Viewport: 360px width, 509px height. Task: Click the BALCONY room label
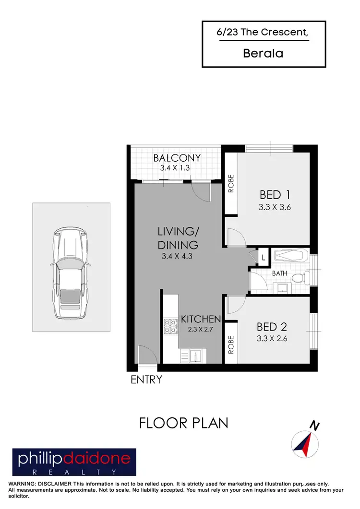(177, 158)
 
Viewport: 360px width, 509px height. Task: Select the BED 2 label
(272, 327)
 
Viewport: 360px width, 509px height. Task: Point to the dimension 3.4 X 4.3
(178, 256)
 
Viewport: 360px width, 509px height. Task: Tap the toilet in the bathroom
(298, 278)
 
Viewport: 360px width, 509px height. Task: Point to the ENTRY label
(146, 379)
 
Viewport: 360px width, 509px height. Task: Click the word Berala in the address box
(264, 53)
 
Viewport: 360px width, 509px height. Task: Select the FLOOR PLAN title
(183, 423)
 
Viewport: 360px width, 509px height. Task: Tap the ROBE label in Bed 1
(231, 183)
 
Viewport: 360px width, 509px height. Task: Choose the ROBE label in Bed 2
(231, 344)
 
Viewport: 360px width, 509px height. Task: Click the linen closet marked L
(264, 257)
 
